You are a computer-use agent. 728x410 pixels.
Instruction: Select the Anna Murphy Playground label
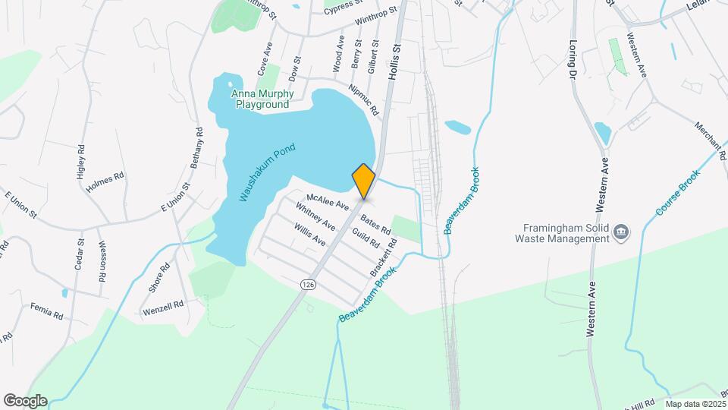pyautogui.click(x=262, y=99)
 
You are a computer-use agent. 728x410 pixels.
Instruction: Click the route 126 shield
pyautogui.click(x=307, y=283)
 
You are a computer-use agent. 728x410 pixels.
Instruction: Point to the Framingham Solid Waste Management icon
pyautogui.click(x=621, y=231)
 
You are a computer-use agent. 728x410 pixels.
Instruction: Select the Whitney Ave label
pyautogui.click(x=315, y=216)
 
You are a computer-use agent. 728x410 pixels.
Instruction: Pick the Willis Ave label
pyautogui.click(x=310, y=235)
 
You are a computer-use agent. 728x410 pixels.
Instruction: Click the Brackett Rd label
pyautogui.click(x=384, y=258)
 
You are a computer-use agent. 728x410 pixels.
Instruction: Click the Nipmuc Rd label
pyautogui.click(x=364, y=99)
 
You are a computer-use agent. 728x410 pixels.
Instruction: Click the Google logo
pyautogui.click(x=25, y=401)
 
